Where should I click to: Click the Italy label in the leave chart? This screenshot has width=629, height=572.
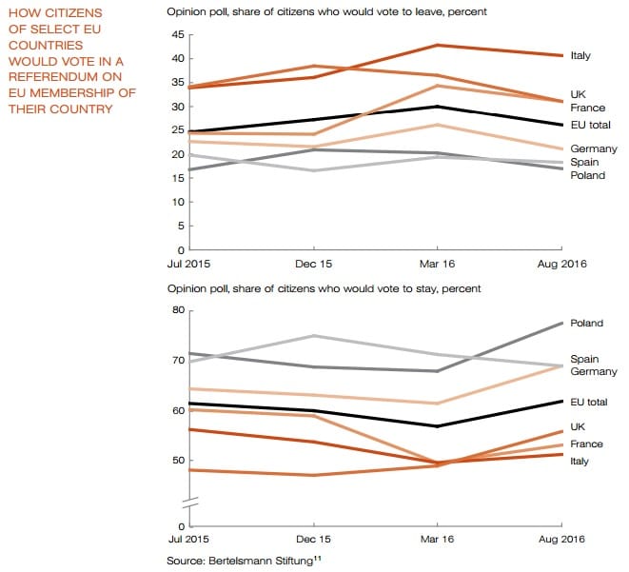580,56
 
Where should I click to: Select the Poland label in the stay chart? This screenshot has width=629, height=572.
585,324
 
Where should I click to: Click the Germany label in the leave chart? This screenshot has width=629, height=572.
594,149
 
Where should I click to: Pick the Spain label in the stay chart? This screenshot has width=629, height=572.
583,359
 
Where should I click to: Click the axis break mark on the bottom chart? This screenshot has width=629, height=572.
189,502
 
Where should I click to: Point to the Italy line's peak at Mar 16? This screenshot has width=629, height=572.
437,45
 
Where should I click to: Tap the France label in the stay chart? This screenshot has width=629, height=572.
585,444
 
